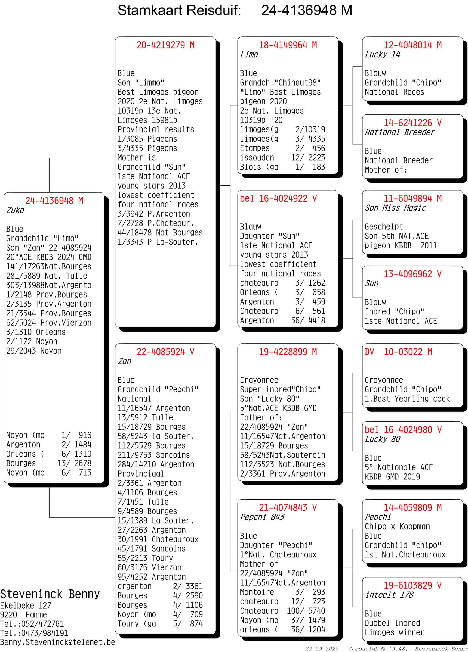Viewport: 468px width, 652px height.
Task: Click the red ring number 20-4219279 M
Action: [x=165, y=45]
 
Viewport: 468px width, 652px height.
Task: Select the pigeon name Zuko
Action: [x=15, y=210]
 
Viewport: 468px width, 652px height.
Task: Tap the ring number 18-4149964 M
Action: [x=288, y=45]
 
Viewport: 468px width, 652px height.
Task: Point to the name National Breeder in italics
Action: [x=399, y=132]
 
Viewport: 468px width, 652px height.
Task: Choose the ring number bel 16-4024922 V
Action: [x=278, y=198]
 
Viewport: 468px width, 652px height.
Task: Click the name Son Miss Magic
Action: [x=395, y=208]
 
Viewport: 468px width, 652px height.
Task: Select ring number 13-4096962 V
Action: [x=412, y=274]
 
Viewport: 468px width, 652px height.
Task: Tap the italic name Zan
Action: [x=124, y=361]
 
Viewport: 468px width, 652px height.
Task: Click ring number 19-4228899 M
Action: [x=288, y=352]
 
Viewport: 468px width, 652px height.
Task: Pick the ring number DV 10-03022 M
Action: [x=398, y=352]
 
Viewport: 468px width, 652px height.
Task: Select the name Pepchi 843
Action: [x=262, y=517]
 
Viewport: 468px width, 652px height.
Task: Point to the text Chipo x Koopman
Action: [x=397, y=526]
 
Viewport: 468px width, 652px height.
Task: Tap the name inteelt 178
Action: [x=389, y=595]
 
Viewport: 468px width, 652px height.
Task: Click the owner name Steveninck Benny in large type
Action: [x=50, y=594]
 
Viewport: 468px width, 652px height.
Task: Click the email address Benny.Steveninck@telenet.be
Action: [x=58, y=642]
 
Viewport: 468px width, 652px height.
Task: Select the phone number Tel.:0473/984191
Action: [x=34, y=633]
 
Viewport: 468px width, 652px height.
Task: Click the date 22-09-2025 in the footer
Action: [x=322, y=649]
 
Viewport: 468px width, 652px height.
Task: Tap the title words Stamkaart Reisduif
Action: [x=179, y=10]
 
